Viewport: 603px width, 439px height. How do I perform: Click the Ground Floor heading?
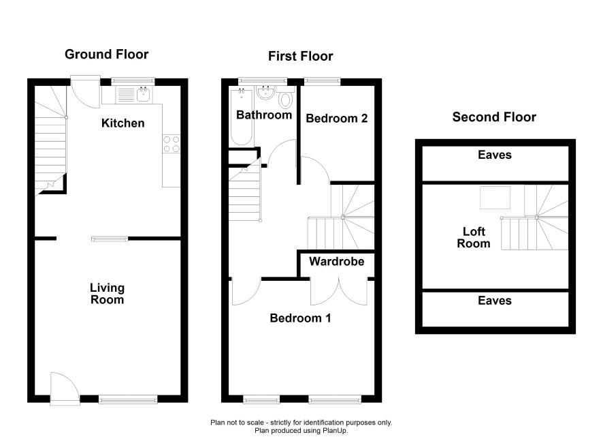point(107,55)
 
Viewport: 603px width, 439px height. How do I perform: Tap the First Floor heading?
point(300,56)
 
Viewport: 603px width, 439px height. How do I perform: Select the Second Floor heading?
point(494,117)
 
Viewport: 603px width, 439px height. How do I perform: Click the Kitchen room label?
point(123,123)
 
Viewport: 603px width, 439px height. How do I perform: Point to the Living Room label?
point(107,294)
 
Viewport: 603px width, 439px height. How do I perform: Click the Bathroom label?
point(264,115)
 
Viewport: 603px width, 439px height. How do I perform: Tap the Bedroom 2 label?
point(337,118)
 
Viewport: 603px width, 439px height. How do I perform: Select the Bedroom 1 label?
point(300,318)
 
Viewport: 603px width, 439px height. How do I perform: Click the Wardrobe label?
point(336,262)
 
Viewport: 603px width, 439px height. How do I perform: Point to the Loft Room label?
point(474,238)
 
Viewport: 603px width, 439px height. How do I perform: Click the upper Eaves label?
point(495,155)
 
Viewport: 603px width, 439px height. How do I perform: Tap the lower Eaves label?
point(495,301)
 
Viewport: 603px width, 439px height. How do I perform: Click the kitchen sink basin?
point(144,94)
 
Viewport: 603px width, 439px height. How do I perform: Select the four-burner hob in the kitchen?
point(172,144)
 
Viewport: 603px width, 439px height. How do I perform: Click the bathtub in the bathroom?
point(242,117)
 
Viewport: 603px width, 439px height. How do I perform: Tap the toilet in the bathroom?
point(285,97)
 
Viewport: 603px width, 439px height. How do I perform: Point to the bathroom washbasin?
point(265,93)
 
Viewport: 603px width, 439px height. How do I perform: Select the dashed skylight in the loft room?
point(495,198)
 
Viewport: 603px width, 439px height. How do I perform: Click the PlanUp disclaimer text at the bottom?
point(301,426)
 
